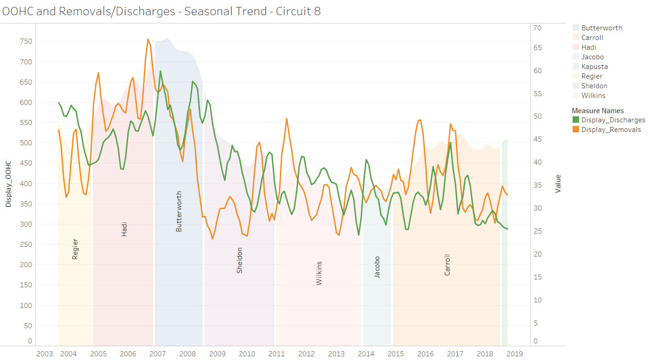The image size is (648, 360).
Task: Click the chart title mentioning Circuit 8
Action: click(x=161, y=11)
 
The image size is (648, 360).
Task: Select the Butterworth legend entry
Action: click(x=602, y=28)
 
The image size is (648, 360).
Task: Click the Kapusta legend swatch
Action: click(x=576, y=67)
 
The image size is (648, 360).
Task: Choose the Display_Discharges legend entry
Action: click(x=613, y=120)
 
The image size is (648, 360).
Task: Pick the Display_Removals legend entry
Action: click(x=611, y=130)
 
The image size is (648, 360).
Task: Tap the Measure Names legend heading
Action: click(x=597, y=111)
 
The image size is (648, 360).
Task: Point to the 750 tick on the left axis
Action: click(x=26, y=41)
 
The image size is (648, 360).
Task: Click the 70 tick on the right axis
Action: click(x=537, y=28)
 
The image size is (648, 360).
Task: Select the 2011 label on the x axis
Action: click(x=277, y=354)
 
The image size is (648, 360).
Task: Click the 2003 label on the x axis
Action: click(x=44, y=354)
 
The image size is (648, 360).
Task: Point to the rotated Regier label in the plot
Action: click(x=75, y=249)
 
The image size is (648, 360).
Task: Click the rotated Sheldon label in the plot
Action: click(x=239, y=261)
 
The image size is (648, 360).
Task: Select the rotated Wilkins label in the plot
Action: click(x=319, y=274)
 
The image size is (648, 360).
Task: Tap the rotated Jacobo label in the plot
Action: click(x=377, y=267)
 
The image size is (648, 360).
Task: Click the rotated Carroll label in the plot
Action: click(x=447, y=265)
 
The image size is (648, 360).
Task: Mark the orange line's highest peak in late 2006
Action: click(x=148, y=40)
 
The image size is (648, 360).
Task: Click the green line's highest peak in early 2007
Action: click(x=160, y=71)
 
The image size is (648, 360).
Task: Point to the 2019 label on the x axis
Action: click(x=514, y=354)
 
